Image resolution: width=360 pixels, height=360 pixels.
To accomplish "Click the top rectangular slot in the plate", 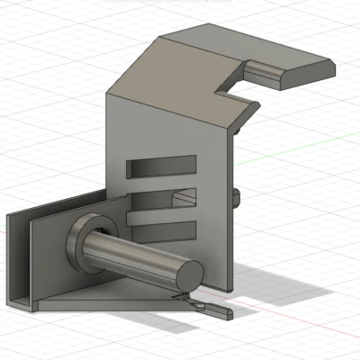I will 162,165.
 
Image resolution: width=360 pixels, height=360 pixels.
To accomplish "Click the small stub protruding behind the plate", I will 237,197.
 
